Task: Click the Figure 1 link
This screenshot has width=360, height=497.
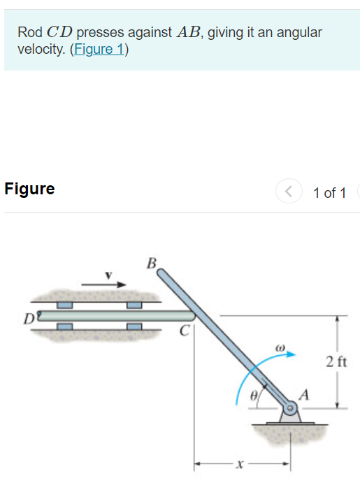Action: pyautogui.click(x=99, y=51)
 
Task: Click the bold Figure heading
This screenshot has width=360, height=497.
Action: pyautogui.click(x=29, y=189)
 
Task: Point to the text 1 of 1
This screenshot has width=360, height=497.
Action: pyautogui.click(x=329, y=193)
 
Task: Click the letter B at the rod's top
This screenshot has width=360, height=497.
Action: pyautogui.click(x=152, y=264)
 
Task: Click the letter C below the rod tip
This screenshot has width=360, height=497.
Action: pyautogui.click(x=185, y=331)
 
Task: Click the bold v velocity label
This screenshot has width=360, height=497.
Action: pyautogui.click(x=108, y=275)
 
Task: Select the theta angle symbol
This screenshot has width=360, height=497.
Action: pyautogui.click(x=256, y=396)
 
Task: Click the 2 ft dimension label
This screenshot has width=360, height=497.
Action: pyautogui.click(x=336, y=361)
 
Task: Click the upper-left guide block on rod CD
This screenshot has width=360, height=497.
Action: pyautogui.click(x=65, y=305)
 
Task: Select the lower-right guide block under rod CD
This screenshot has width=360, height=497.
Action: pyautogui.click(x=134, y=327)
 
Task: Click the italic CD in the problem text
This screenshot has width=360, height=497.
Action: pyautogui.click(x=60, y=32)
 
